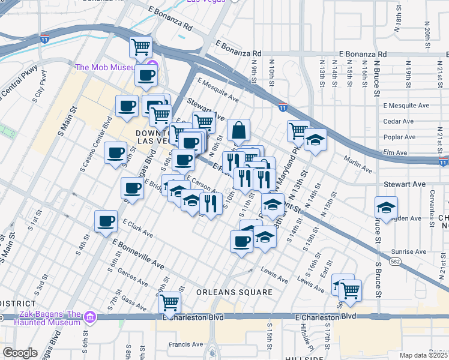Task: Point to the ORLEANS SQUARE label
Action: [x=235, y=292]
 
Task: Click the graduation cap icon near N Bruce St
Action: [x=385, y=208]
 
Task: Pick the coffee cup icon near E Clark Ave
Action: [x=106, y=221]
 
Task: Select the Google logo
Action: [x=20, y=353]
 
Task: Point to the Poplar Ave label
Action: [x=399, y=137]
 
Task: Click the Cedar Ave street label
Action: [x=399, y=121]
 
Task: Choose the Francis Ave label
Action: [x=185, y=344]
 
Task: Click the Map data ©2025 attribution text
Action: [x=424, y=355]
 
